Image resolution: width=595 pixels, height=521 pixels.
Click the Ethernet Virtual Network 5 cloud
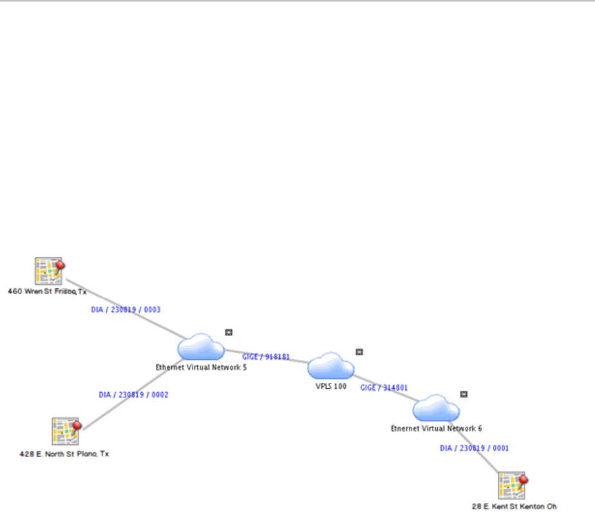pos(200,348)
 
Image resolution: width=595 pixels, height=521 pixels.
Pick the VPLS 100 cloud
pos(330,366)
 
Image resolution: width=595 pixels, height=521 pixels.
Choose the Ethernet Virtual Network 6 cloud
pos(436,408)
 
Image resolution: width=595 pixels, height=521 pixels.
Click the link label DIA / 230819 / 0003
pos(126,310)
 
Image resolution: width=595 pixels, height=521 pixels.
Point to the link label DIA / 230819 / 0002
pos(133,394)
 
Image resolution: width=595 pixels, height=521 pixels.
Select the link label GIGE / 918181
pos(270,356)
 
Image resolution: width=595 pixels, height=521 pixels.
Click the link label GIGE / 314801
pos(384,388)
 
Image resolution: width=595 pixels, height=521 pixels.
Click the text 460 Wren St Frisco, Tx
pos(47,291)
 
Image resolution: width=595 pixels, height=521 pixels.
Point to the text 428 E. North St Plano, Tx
pos(64,454)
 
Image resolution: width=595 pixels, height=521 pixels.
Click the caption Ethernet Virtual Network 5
pos(201,367)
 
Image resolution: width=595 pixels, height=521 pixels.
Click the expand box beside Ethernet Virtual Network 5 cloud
pos(229,332)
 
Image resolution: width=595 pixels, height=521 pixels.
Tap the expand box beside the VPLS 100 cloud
pos(359,351)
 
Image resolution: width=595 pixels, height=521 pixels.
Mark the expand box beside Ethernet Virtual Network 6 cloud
pos(464,394)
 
